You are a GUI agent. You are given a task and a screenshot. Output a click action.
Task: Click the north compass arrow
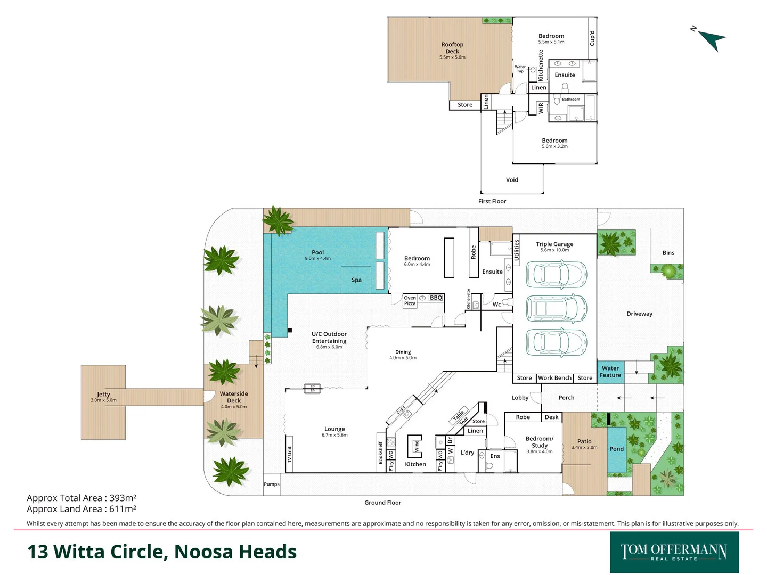(x=712, y=39)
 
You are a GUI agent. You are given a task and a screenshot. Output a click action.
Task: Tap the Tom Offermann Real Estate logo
(x=674, y=552)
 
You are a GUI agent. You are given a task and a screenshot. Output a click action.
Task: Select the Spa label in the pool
(x=356, y=280)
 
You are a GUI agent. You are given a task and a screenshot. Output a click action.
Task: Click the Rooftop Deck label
(x=452, y=48)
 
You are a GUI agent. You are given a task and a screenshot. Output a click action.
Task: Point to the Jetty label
(x=103, y=395)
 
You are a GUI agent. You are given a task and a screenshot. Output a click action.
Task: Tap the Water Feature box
(x=610, y=372)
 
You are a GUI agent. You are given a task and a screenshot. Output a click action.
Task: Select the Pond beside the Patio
(x=617, y=449)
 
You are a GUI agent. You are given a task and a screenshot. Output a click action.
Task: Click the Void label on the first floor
(x=512, y=180)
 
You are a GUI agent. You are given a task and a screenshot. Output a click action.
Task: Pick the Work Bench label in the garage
(x=554, y=378)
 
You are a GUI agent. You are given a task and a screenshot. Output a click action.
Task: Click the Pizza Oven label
(x=410, y=301)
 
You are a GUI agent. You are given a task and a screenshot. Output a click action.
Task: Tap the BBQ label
(x=436, y=298)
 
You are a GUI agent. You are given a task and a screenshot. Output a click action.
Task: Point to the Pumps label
(x=272, y=484)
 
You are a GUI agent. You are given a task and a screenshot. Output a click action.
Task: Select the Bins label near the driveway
(x=668, y=253)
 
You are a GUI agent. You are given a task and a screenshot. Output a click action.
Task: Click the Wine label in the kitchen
(x=416, y=446)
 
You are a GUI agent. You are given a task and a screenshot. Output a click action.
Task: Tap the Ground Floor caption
(x=382, y=503)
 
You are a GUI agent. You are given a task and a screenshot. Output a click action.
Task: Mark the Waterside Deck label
(x=234, y=397)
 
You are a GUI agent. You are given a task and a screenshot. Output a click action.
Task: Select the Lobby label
(x=520, y=398)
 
